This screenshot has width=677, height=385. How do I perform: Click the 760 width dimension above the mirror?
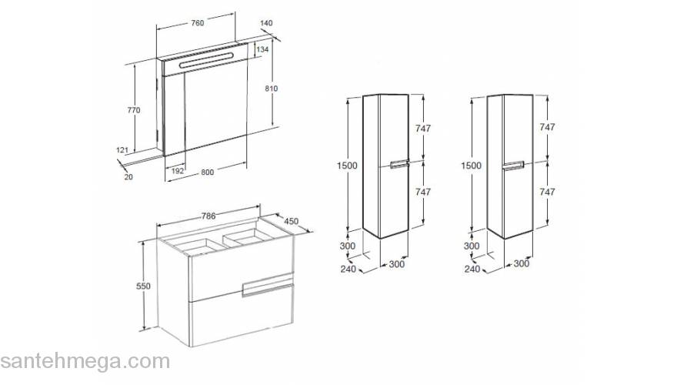(x=197, y=23)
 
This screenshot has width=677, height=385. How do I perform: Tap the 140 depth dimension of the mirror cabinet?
(x=266, y=23)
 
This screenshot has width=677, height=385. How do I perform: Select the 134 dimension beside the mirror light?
(x=262, y=49)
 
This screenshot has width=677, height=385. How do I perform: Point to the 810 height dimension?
(x=271, y=88)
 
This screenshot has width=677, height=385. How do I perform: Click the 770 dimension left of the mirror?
(x=134, y=110)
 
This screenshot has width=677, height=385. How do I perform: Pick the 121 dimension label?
(x=122, y=150)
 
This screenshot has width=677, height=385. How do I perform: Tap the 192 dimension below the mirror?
(x=178, y=171)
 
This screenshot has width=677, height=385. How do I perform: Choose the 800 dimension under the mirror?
(x=207, y=172)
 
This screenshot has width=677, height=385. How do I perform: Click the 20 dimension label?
(x=128, y=177)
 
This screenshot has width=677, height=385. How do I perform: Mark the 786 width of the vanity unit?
(x=208, y=216)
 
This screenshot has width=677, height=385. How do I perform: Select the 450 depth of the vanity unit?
(x=291, y=221)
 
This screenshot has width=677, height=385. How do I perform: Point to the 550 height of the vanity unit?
(x=143, y=286)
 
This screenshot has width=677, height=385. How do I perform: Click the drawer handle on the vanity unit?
(x=268, y=288)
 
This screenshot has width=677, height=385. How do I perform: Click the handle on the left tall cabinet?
(x=399, y=165)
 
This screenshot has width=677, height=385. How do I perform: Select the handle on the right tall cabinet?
(x=513, y=166)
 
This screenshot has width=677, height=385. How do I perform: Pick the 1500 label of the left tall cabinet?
(x=347, y=166)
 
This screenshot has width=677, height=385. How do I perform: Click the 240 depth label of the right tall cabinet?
(x=472, y=269)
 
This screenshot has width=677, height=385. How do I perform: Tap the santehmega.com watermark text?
(x=85, y=361)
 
